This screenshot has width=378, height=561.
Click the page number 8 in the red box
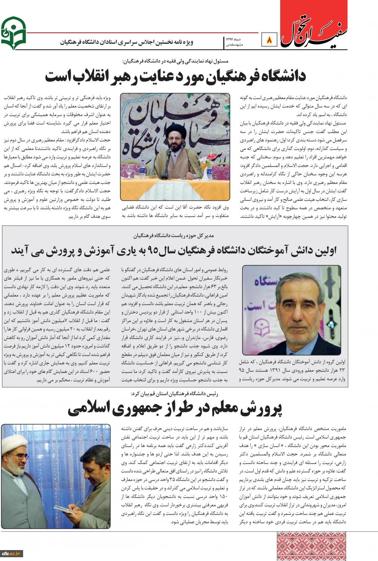pyautogui.click(x=269, y=40)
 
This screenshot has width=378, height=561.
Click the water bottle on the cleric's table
pyautogui.click(x=143, y=168)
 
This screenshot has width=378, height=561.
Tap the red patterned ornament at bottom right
pyautogui.click(x=311, y=546)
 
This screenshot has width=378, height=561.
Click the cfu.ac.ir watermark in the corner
pyautogui.click(x=11, y=553)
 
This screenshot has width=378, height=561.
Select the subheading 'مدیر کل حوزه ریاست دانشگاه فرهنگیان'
pyautogui.click(x=174, y=236)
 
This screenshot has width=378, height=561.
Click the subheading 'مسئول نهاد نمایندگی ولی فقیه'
pyautogui.click(x=176, y=60)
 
